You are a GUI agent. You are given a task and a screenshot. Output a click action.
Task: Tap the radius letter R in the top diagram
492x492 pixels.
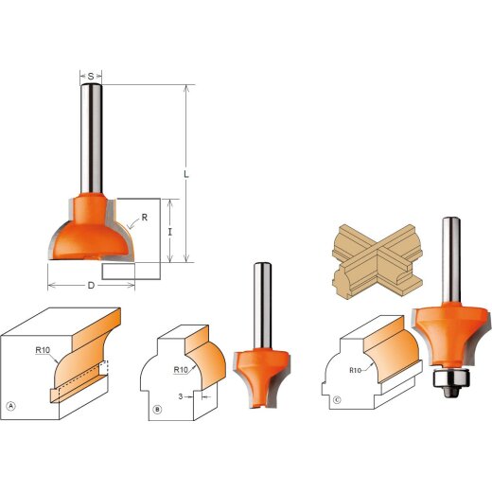point(145,217)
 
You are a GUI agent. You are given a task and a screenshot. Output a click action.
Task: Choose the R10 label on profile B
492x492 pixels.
point(183,370)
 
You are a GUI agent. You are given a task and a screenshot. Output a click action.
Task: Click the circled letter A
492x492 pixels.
point(11,407)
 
